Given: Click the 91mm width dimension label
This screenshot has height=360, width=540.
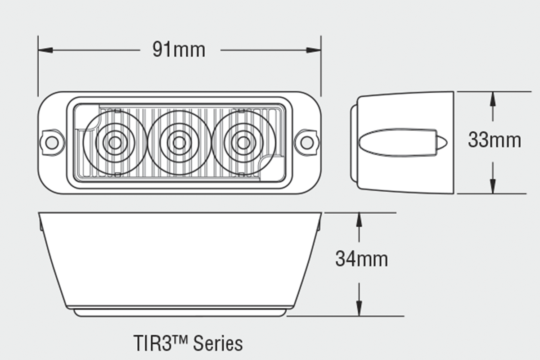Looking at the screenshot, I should (x=179, y=49).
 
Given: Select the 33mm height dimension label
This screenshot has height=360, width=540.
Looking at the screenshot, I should (x=494, y=140).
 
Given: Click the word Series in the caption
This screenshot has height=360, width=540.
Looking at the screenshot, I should (x=218, y=343).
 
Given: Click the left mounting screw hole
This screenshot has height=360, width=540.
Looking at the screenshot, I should (x=52, y=142).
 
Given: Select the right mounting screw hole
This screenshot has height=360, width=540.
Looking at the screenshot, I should (x=307, y=142).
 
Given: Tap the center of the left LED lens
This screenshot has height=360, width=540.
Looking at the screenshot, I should (x=115, y=143).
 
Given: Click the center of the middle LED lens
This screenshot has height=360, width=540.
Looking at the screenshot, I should (x=179, y=143).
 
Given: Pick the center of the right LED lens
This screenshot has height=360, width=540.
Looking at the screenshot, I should (x=243, y=143).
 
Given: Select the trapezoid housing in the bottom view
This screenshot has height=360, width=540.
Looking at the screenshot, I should (x=180, y=259).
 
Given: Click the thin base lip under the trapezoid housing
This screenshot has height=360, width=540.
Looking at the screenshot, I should (x=180, y=312).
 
